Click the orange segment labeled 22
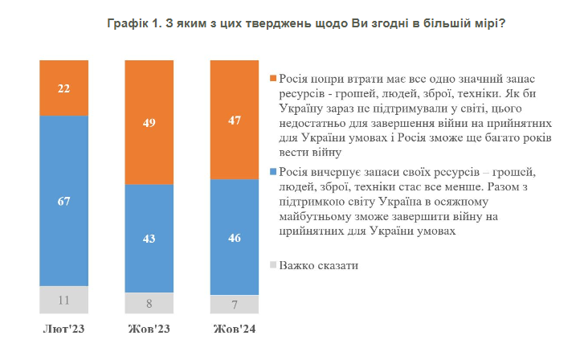[x=63, y=88]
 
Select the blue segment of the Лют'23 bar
[x=63, y=200]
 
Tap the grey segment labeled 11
[x=63, y=299]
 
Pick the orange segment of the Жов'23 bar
[x=149, y=122]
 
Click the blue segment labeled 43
[x=149, y=239]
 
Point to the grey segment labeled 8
[x=149, y=304]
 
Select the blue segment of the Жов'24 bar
[x=235, y=238]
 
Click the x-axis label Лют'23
[x=63, y=330]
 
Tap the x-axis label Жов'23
[x=149, y=330]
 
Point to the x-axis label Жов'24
[x=235, y=330]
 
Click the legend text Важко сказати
[x=318, y=264]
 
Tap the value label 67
[x=63, y=200]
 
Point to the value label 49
[x=149, y=122]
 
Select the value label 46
[x=235, y=238]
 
